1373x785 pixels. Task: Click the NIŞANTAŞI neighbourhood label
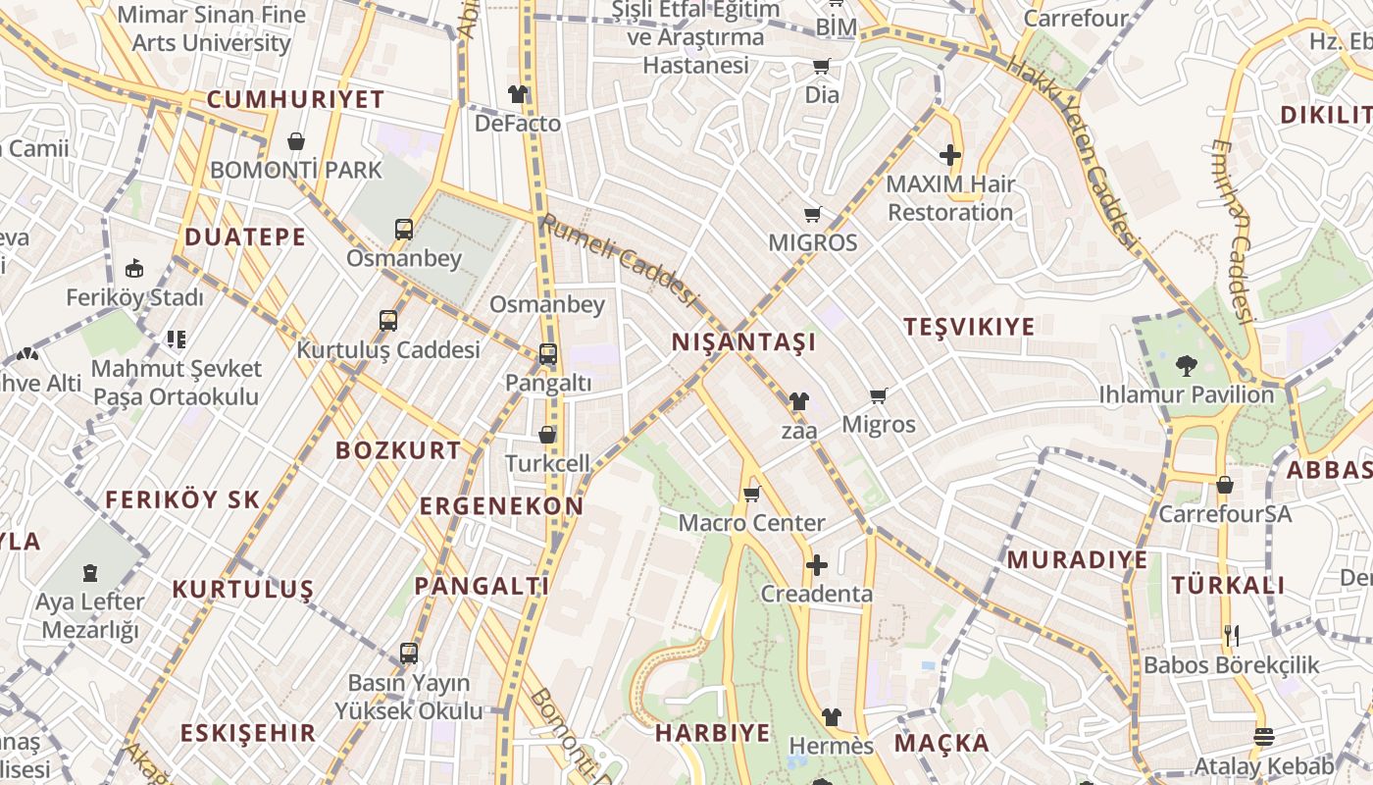[743, 341]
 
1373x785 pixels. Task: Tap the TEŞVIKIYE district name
[969, 327]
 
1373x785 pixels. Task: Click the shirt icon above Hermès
[831, 717]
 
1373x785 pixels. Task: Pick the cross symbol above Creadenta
[816, 565]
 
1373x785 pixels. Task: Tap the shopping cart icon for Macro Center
[752, 494]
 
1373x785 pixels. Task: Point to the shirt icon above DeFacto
[518, 94]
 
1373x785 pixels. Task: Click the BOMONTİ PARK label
[296, 170]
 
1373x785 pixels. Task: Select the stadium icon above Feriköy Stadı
[134, 269]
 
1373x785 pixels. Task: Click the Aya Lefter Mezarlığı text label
[89, 615]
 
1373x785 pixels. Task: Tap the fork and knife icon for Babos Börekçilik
[1232, 636]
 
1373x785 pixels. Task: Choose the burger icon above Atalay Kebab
[1264, 737]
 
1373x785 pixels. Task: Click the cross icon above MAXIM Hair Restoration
[949, 155]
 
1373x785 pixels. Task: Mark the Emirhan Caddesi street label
[1233, 232]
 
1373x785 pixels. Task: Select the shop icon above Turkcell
[547, 434]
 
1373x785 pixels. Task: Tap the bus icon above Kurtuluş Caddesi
[388, 321]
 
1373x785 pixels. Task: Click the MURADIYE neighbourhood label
[1077, 560]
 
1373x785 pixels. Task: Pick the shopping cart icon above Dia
[821, 67]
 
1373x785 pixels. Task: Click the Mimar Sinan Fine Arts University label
[211, 29]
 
